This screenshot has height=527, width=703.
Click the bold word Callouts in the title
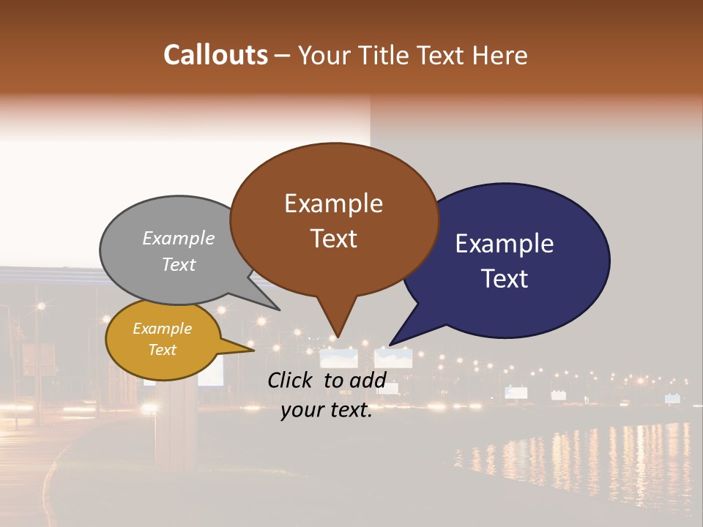(x=215, y=55)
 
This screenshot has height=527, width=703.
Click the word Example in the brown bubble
(x=333, y=203)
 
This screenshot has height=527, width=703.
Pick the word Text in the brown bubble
(x=333, y=239)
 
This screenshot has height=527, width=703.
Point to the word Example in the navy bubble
(x=505, y=244)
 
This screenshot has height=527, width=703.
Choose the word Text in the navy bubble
(x=505, y=279)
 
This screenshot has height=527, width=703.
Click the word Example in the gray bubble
(x=179, y=238)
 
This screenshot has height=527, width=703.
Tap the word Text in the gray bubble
(x=179, y=264)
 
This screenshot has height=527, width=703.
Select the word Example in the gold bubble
(x=162, y=329)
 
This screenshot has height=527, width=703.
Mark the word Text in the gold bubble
(x=162, y=350)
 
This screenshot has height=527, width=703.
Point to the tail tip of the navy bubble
(x=390, y=344)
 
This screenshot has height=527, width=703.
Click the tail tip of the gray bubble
(x=279, y=310)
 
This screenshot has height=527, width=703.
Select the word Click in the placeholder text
(x=292, y=380)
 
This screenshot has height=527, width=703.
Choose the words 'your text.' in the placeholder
(x=327, y=410)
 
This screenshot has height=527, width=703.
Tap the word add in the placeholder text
(x=368, y=380)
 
